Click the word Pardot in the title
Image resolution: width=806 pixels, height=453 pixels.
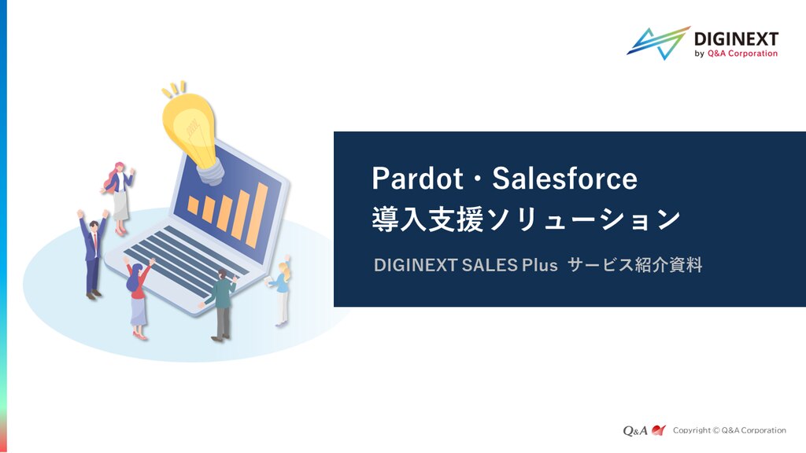417,179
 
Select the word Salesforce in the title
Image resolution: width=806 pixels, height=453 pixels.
564,179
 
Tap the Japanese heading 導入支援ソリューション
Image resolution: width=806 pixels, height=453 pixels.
526,219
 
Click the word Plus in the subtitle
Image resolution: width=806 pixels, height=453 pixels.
540,265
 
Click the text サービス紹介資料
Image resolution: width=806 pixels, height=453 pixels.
635,265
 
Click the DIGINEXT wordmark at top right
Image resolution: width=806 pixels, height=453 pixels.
736,39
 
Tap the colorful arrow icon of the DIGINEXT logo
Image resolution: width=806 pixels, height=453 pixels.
659,42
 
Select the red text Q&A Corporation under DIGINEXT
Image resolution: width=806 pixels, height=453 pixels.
742,53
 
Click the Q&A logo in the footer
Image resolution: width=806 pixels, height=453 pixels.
644,430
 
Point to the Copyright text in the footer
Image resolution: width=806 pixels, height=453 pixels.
730,430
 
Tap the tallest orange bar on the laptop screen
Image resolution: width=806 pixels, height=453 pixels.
257,215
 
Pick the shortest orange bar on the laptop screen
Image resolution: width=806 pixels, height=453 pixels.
193,204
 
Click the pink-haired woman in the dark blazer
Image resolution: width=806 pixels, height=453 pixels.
119,197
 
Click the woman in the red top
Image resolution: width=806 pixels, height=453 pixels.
139,298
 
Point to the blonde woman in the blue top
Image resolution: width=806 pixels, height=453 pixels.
280,291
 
